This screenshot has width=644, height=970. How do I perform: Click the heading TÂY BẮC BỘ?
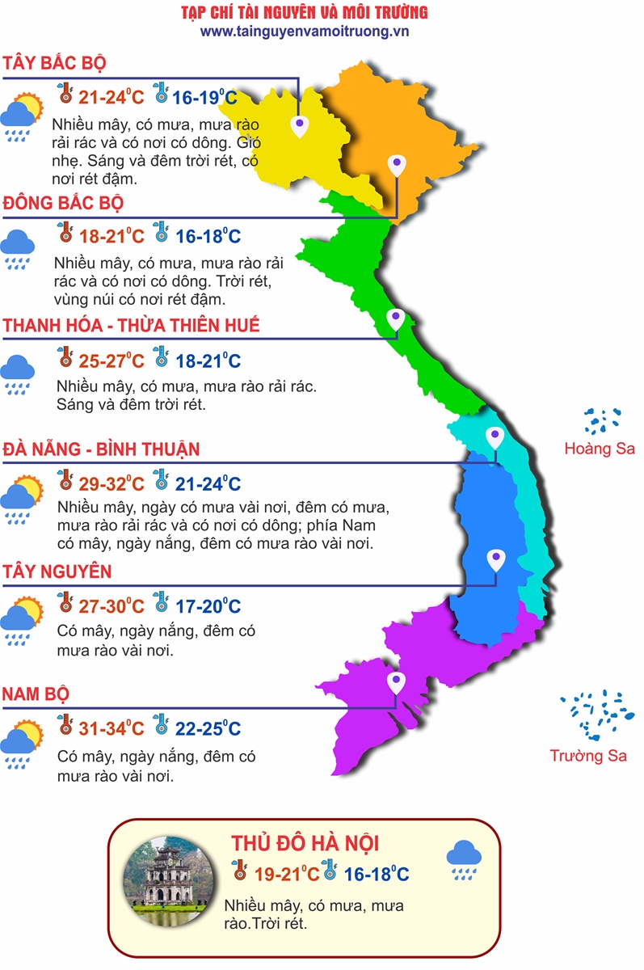click(55, 63)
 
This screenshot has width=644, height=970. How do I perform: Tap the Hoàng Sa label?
click(600, 449)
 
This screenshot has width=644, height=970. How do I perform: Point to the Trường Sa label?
click(588, 756)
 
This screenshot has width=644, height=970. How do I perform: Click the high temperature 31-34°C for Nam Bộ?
click(112, 728)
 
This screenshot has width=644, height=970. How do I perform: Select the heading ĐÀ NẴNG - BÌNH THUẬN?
click(101, 449)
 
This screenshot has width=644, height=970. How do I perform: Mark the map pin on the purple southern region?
click(396, 683)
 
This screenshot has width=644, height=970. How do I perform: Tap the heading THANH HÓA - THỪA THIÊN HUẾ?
click(132, 325)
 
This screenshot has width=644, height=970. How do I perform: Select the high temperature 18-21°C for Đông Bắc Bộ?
click(112, 237)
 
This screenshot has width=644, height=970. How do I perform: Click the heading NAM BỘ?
click(36, 694)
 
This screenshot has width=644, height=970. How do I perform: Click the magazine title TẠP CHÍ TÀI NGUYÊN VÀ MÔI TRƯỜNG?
click(305, 12)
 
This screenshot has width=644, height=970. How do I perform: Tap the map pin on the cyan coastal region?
click(495, 437)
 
